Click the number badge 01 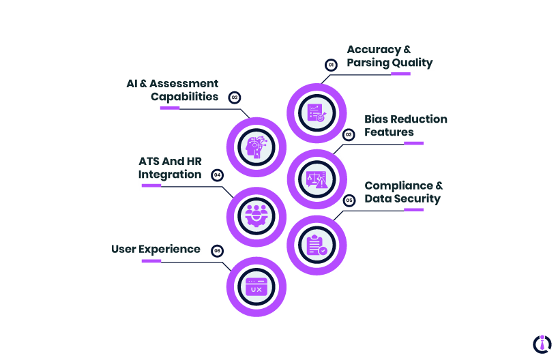click(331, 65)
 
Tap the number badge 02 click(235, 97)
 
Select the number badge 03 click(349, 135)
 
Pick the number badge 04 click(217, 175)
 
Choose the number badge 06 click(217, 251)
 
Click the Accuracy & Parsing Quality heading click(389, 56)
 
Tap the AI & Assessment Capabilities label click(173, 90)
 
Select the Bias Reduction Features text click(405, 125)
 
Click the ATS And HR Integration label click(171, 168)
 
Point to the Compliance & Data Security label click(403, 192)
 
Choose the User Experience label click(156, 249)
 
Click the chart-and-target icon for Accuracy click(317, 112)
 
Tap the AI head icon click(256, 147)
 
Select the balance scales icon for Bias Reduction click(317, 179)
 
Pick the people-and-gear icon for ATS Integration click(256, 216)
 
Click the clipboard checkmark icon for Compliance click(317, 245)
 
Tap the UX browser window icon click(256, 287)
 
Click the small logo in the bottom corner click(542, 343)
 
